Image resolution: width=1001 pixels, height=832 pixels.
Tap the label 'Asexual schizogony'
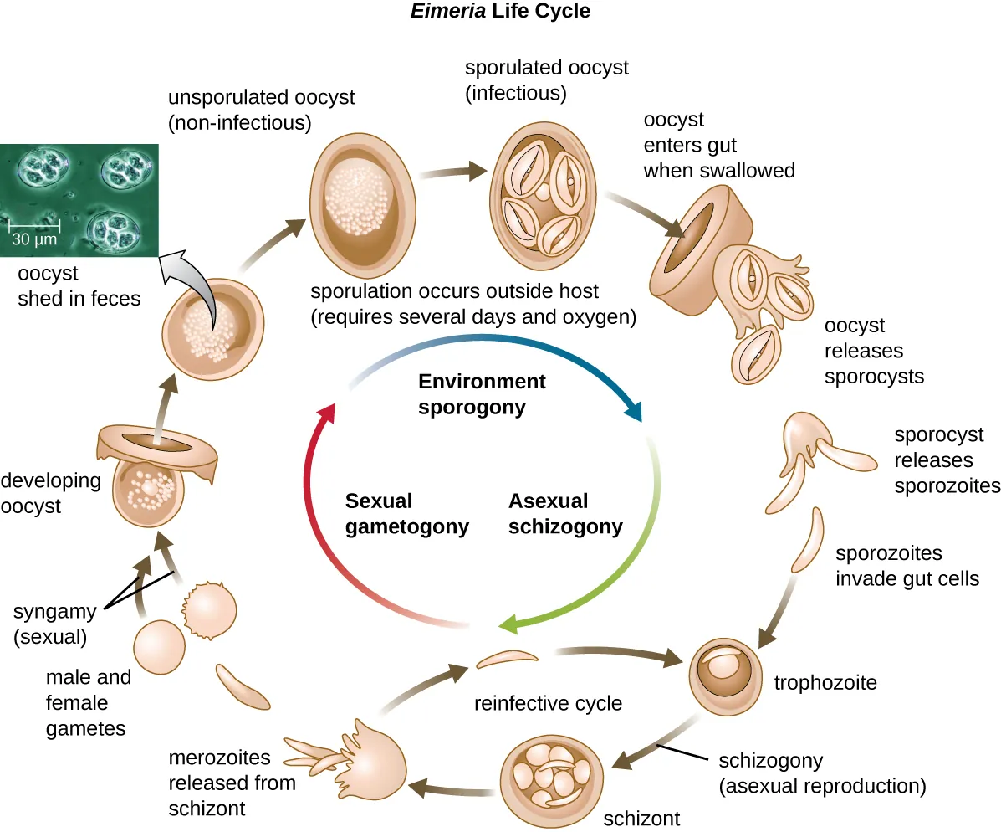tap(565, 514)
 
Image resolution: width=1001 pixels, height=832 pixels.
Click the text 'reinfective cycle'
tap(548, 703)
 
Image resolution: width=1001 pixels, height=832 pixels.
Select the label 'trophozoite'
tap(825, 683)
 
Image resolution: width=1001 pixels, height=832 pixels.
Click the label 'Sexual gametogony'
tap(406, 514)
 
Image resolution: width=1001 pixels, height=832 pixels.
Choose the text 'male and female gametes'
tap(87, 703)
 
